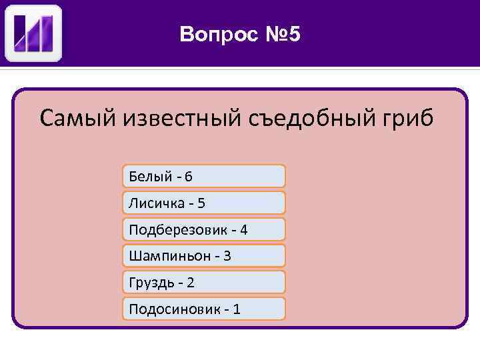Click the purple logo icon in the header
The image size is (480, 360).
pyautogui.click(x=33, y=33)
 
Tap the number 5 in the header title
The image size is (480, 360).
pyautogui.click(x=295, y=34)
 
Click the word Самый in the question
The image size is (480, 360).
pyautogui.click(x=77, y=119)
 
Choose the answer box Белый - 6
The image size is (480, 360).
pyautogui.click(x=204, y=176)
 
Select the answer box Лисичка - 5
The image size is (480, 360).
pyautogui.click(x=204, y=203)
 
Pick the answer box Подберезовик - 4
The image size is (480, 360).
pyautogui.click(x=204, y=229)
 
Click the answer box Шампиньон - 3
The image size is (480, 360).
pyautogui.click(x=204, y=255)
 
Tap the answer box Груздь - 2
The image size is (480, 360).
pyautogui.click(x=204, y=282)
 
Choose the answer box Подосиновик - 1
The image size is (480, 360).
pyautogui.click(x=204, y=309)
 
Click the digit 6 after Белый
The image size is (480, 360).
pyautogui.click(x=189, y=177)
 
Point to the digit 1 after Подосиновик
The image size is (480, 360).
pyautogui.click(x=237, y=309)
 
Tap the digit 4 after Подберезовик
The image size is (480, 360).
pyautogui.click(x=243, y=229)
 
